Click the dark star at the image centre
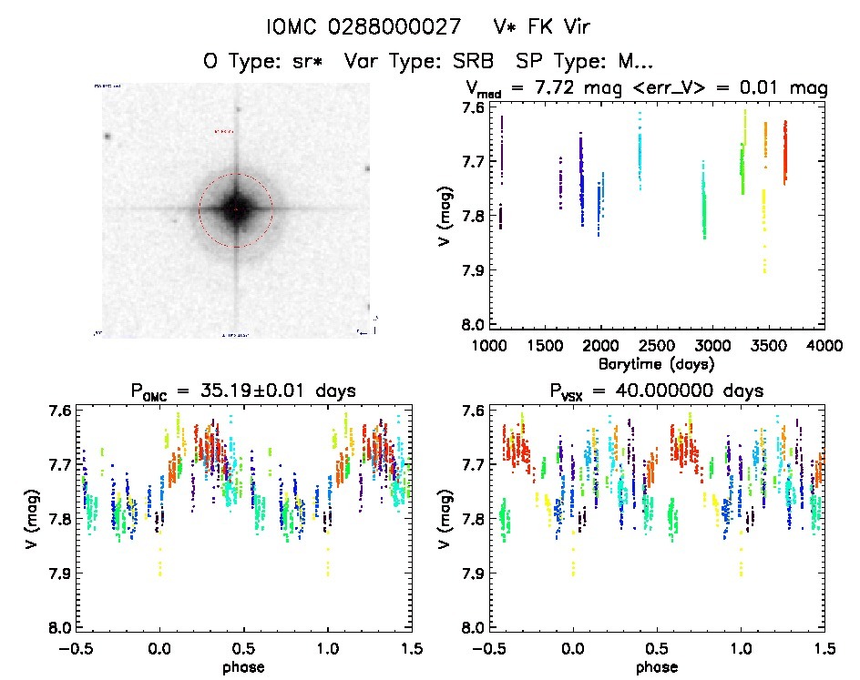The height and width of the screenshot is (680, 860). click(x=236, y=209)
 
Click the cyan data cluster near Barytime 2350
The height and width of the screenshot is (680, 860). click(x=640, y=150)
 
